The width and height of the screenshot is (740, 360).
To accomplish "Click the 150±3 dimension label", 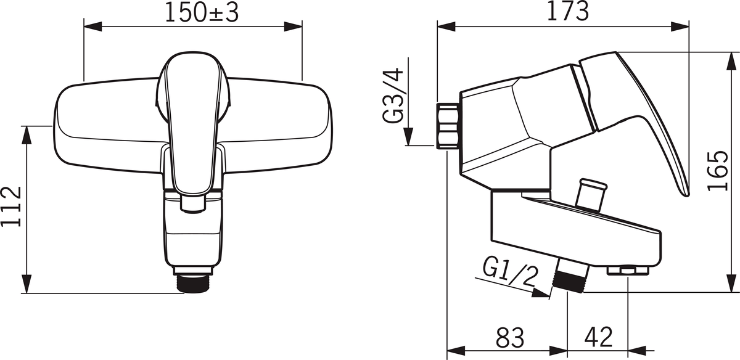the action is [x=202, y=13].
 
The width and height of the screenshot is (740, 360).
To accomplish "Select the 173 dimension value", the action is [x=568, y=11].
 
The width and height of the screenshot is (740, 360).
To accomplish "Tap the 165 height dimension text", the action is [x=718, y=171].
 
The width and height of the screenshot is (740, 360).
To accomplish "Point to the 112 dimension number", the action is [x=12, y=207].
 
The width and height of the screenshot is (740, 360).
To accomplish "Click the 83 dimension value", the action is [x=510, y=337].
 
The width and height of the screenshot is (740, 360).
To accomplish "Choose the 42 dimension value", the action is [x=598, y=337].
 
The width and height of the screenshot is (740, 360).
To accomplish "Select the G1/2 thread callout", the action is [x=511, y=273].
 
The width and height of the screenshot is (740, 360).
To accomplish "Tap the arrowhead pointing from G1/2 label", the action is [x=541, y=293].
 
